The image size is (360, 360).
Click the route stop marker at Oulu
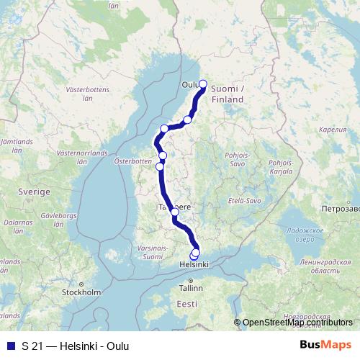click(x=202, y=84)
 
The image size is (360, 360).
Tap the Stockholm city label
click(x=81, y=292)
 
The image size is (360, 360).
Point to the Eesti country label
click(x=186, y=305)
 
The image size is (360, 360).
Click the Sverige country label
click(x=34, y=193)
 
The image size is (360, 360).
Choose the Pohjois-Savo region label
click(x=238, y=158)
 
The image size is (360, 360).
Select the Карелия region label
click(x=332, y=130)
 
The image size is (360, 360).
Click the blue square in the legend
click(x=9, y=346)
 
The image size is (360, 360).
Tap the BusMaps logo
click(x=325, y=345)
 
